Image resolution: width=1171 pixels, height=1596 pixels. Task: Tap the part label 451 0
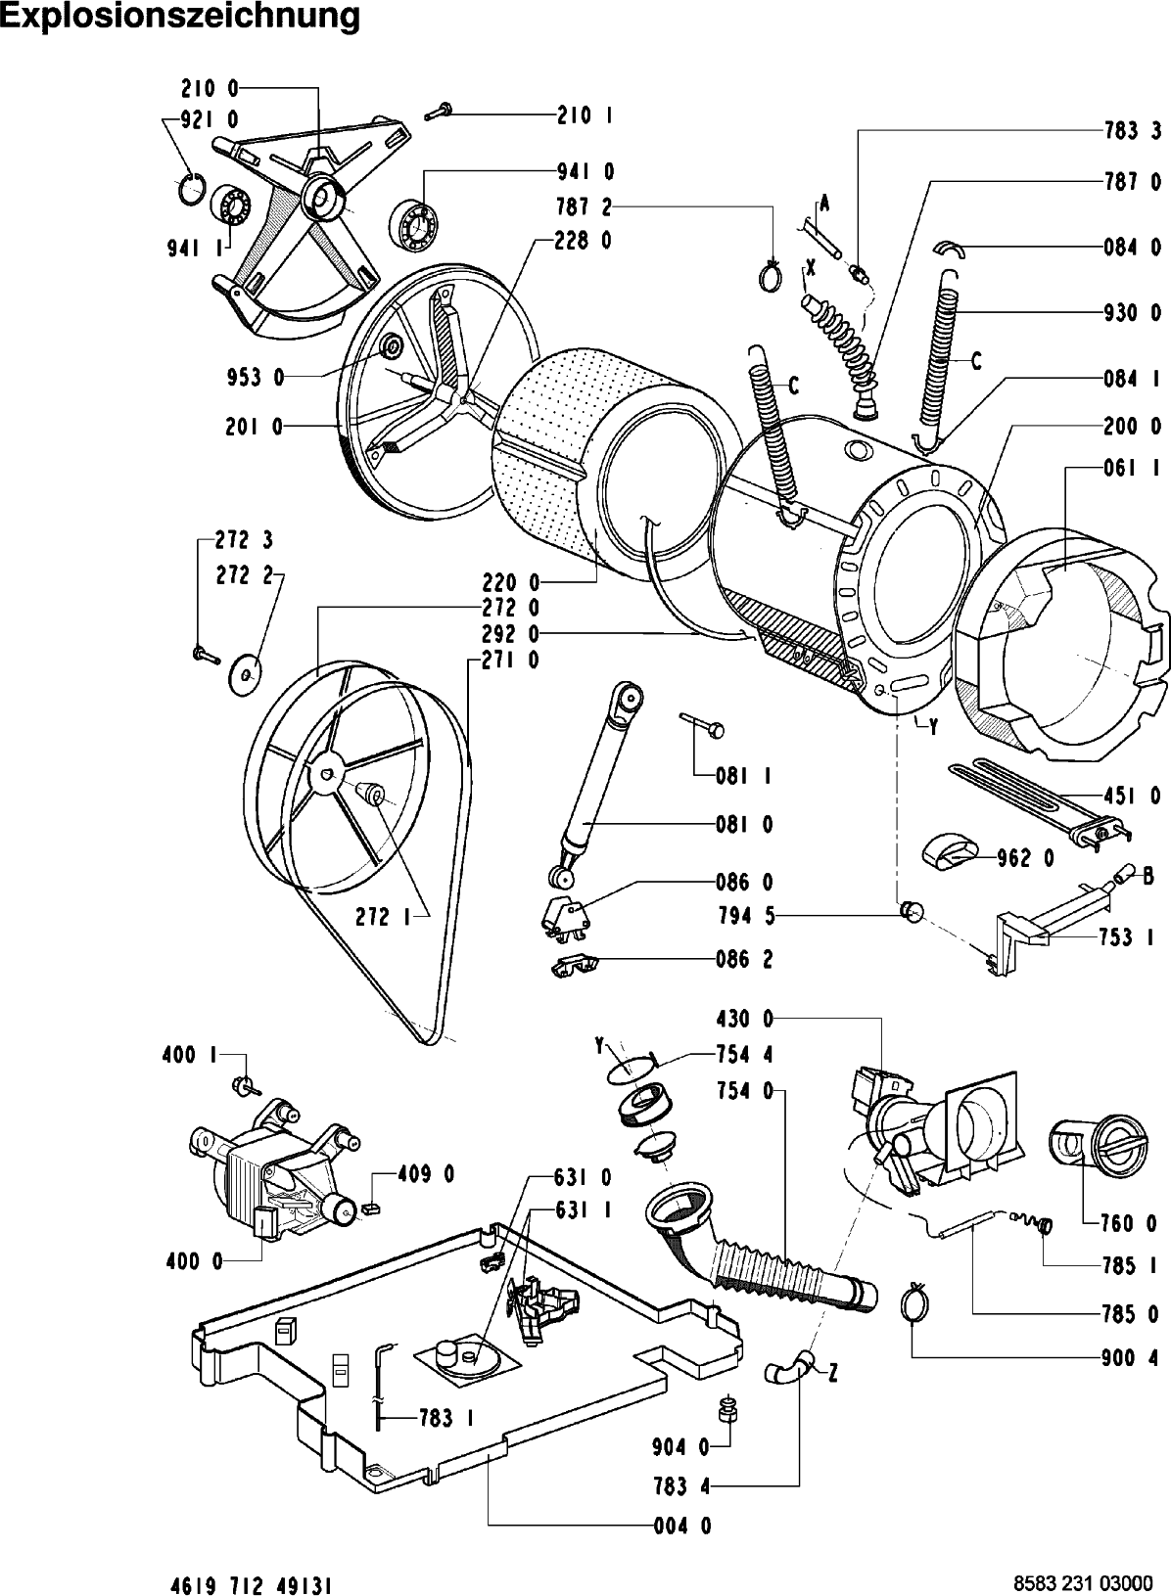pos(1135,797)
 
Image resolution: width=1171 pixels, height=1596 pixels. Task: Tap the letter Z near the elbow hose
pos(833,1374)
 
